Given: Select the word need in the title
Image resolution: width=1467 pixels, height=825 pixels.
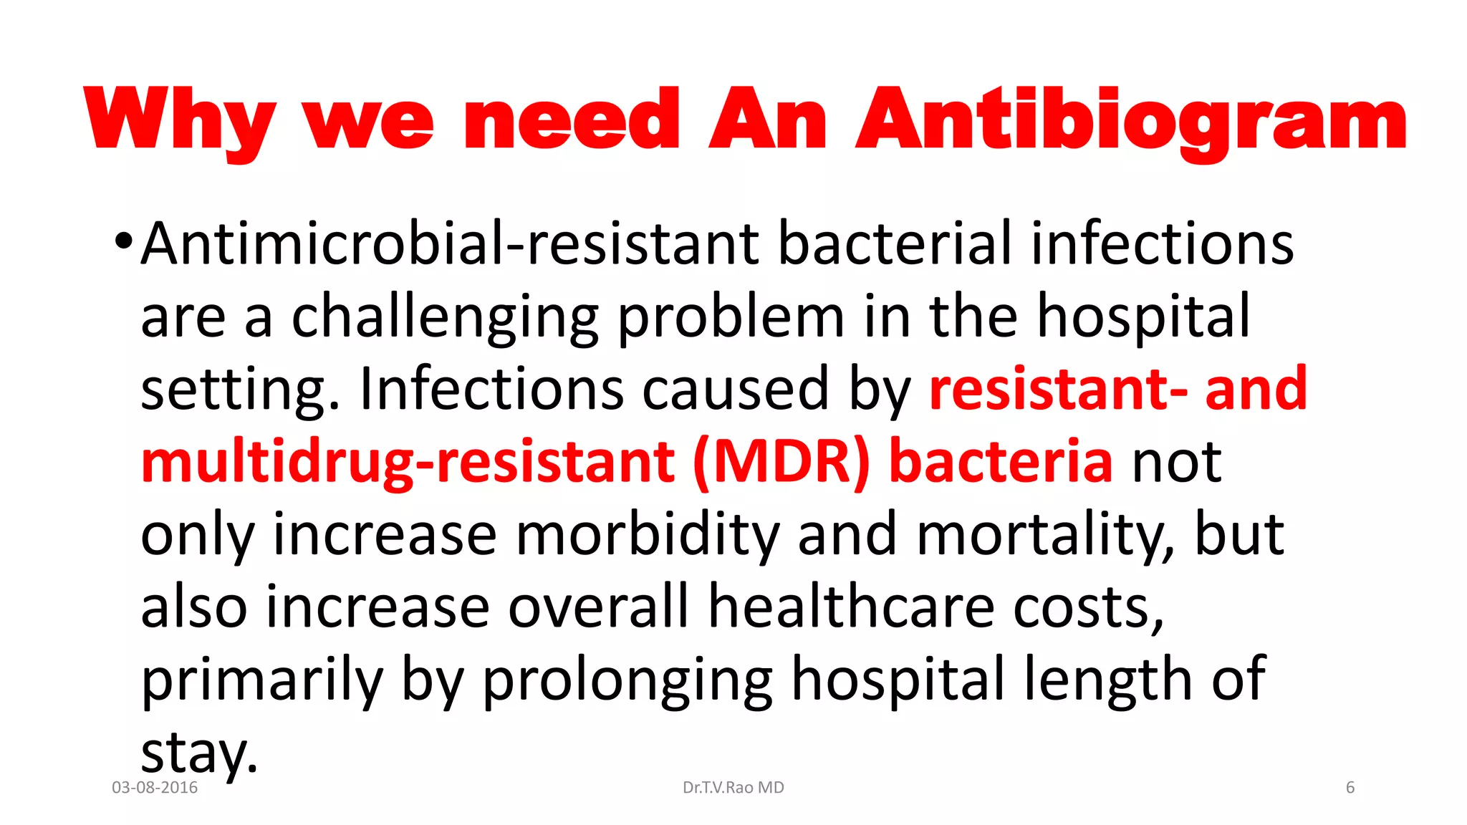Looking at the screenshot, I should (572, 120).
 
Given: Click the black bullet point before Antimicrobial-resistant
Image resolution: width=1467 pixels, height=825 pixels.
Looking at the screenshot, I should (123, 241).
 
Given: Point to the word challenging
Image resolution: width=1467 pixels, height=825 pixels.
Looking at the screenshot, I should (445, 317).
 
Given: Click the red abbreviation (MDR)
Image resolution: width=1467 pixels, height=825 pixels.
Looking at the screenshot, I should (781, 462).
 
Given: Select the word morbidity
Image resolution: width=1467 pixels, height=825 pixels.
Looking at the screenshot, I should (647, 534).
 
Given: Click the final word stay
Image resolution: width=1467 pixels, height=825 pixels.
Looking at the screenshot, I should (198, 753).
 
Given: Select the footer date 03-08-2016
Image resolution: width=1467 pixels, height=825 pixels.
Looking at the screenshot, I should (155, 788).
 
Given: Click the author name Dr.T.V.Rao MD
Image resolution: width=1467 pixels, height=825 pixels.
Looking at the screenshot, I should (733, 788).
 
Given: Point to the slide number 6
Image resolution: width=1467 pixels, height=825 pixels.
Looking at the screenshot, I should (1350, 788).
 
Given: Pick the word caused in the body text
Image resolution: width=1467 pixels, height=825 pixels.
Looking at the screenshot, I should (735, 389).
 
